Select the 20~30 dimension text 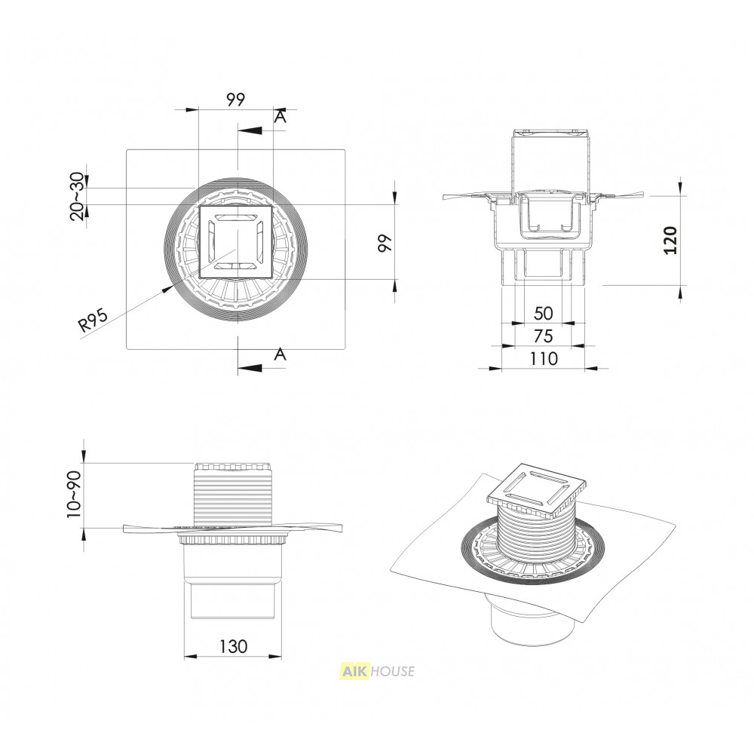[x=77, y=196]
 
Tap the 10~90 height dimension [x=74, y=495]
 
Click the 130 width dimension [x=233, y=646]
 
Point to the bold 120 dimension [x=670, y=240]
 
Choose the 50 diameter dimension [x=544, y=314]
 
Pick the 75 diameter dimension [x=544, y=336]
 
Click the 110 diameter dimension [x=544, y=359]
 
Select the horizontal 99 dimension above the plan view [x=235, y=100]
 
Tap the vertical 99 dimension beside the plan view [x=385, y=244]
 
